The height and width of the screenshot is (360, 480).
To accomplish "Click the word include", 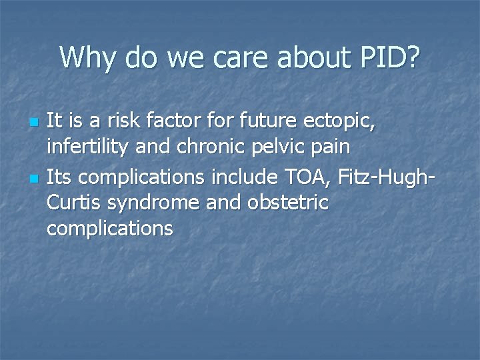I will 243,178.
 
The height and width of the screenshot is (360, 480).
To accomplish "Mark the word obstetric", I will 290,203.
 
